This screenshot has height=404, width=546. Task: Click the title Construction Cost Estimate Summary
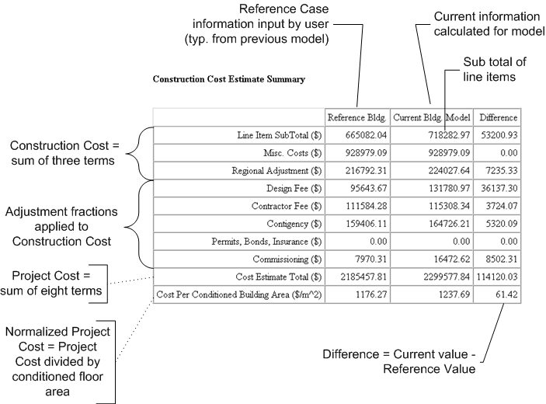pos(228,79)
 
